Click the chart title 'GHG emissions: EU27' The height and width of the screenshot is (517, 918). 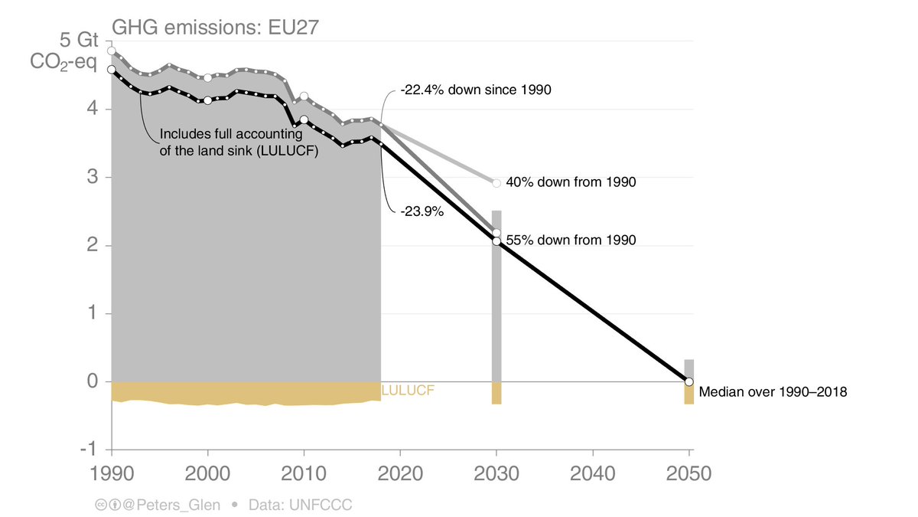click(215, 28)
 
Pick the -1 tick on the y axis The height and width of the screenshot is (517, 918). click(90, 450)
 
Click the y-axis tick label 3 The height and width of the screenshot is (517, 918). click(92, 178)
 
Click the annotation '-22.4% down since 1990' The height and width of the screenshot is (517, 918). click(477, 90)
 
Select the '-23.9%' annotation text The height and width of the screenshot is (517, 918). click(422, 212)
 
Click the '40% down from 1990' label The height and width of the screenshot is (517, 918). click(571, 182)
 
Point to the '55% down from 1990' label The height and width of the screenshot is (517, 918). click(571, 240)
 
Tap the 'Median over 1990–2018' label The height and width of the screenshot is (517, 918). click(773, 391)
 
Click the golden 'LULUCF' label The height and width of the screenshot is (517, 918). click(408, 391)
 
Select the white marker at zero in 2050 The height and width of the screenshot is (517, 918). click(689, 381)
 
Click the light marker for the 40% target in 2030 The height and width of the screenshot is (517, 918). click(496, 183)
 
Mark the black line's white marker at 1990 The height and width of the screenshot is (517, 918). click(112, 70)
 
